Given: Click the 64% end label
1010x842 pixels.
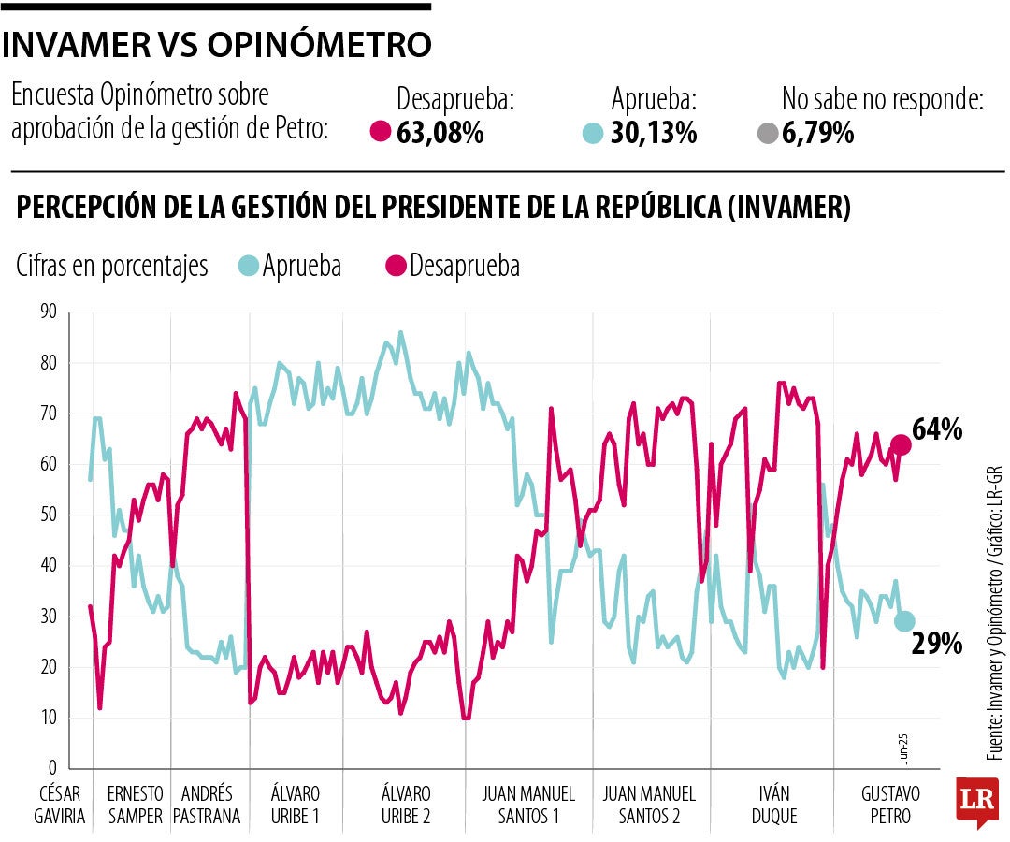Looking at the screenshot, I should point(938,431).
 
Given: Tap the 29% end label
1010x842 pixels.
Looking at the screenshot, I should point(938,643).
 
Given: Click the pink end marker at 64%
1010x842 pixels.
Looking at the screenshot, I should point(902,444).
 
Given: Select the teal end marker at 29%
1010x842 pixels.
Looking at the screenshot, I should point(903,621).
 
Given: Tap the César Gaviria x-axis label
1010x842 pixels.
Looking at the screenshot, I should point(60,805).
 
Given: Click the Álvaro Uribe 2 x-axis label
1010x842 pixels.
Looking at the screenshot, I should point(406,805).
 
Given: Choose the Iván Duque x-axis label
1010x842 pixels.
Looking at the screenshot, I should point(773,805).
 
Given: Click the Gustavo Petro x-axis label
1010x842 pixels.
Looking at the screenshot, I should point(890,805).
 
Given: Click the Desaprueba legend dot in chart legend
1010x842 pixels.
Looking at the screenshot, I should point(397,267).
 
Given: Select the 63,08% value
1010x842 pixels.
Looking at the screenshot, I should point(440,134).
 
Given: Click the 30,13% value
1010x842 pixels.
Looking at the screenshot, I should point(654,134).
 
